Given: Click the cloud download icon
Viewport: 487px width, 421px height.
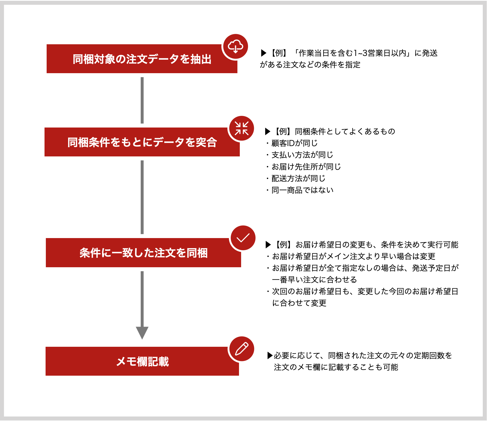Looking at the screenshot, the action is tap(236, 46).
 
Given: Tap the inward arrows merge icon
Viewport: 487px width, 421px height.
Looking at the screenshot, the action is tap(242, 128).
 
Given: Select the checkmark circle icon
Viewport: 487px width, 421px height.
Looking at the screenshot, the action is tap(243, 238).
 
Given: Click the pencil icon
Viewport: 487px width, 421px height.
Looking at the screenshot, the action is tap(242, 349).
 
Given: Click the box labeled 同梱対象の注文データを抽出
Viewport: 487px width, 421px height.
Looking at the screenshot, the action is tap(142, 59).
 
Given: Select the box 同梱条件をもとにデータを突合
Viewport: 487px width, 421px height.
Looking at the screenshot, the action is tap(142, 142).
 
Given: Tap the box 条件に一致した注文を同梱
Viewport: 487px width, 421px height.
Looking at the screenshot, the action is tap(143, 253).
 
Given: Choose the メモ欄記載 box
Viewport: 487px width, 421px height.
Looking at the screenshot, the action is tap(142, 361).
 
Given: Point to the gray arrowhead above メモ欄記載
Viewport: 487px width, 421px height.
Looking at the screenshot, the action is tap(142, 333).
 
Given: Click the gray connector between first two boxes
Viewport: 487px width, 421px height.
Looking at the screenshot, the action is tap(142, 100).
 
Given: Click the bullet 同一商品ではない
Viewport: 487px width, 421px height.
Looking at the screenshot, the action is tap(300, 190).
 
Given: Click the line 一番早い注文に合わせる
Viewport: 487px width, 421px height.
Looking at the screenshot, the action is tap(315, 280).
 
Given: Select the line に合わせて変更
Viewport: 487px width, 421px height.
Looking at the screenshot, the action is tap(299, 303).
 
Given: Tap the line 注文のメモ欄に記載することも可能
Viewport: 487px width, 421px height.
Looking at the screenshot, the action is tap(336, 367).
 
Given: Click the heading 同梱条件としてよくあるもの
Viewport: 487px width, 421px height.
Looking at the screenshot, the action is tap(345, 131).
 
